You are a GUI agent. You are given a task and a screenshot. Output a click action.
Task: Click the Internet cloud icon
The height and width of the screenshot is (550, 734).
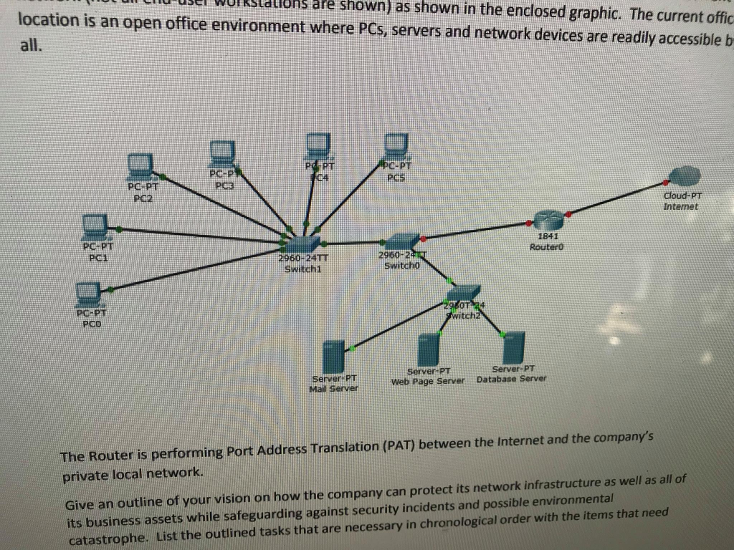pos(685,175)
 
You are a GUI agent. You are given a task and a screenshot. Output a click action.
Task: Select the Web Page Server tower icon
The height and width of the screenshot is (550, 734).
pos(429,350)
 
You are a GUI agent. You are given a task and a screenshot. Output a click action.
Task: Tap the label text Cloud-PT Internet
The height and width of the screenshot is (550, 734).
pos(683,201)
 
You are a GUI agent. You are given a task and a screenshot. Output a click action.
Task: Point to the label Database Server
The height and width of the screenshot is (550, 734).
pos(512,378)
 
